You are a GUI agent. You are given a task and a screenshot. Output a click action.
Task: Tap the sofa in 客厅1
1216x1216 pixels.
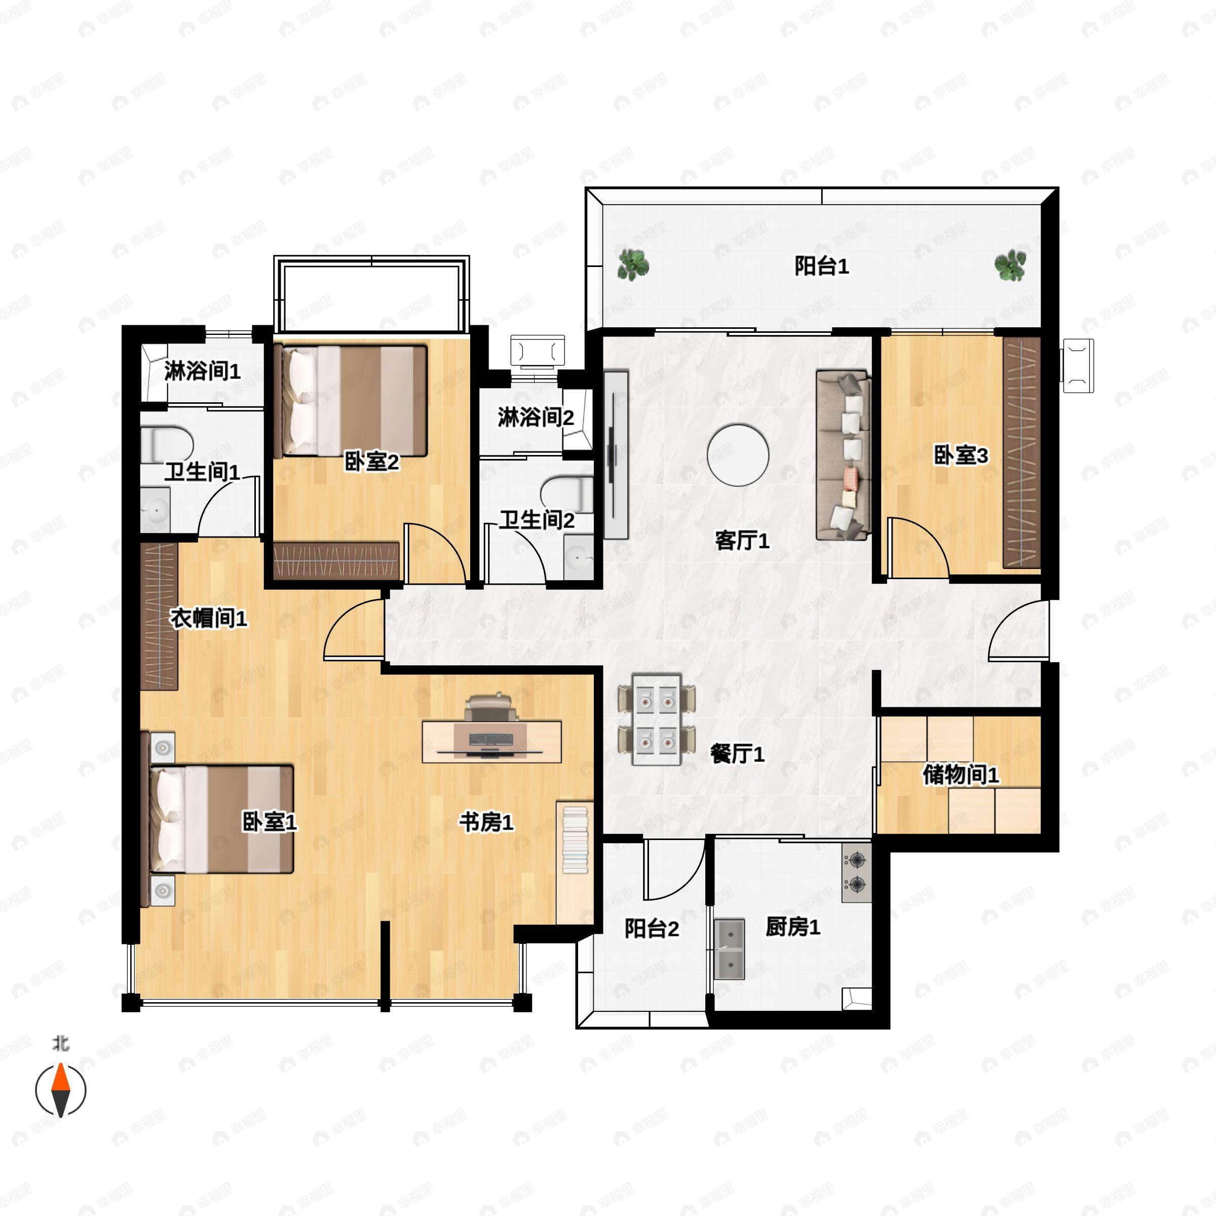click(x=844, y=455)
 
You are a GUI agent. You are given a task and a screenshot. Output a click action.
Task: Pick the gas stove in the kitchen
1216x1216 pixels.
click(x=857, y=872)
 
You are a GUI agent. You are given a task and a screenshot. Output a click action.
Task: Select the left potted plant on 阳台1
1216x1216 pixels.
click(x=632, y=264)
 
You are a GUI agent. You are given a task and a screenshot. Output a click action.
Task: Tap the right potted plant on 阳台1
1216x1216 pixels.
click(x=1010, y=265)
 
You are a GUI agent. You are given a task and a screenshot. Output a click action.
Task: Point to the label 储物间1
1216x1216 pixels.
click(x=961, y=775)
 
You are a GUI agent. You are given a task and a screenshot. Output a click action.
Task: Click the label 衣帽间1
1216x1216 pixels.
click(x=209, y=619)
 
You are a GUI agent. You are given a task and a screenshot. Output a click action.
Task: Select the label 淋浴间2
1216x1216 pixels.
click(x=536, y=417)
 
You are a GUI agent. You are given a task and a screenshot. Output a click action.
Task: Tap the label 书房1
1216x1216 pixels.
click(x=486, y=821)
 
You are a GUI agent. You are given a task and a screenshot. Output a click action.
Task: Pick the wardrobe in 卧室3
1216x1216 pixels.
click(x=1021, y=452)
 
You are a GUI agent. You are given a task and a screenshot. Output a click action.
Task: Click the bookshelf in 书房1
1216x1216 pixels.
click(x=575, y=863)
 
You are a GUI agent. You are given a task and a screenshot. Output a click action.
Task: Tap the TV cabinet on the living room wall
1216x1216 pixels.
click(x=616, y=454)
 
